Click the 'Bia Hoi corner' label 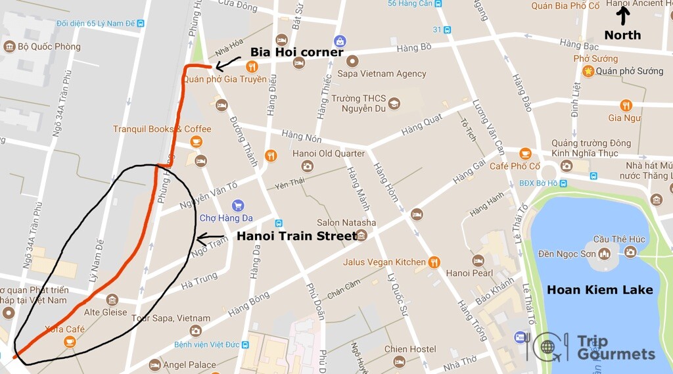296,52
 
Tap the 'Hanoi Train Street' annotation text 296,235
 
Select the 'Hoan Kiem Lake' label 600,289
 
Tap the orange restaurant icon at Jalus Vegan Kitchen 434,262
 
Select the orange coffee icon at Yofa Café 70,342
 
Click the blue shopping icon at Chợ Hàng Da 238,205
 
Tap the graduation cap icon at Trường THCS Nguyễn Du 394,104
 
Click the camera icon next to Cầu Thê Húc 630,252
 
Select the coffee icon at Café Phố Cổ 524,154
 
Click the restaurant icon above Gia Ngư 626,105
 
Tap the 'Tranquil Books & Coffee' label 162,129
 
